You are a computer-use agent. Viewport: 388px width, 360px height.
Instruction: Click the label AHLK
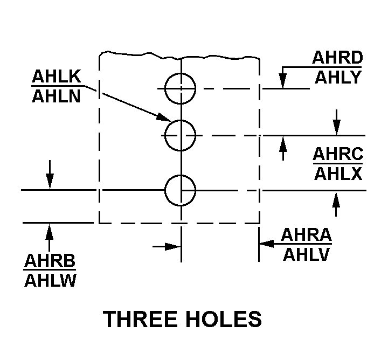click(57, 76)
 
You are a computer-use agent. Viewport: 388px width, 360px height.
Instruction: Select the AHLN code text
click(57, 96)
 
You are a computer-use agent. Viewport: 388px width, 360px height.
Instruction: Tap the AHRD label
click(337, 58)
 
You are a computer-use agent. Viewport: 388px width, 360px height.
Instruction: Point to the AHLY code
click(338, 77)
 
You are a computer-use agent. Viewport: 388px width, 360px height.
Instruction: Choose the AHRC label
click(338, 154)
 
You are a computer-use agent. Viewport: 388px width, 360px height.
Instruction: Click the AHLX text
click(338, 174)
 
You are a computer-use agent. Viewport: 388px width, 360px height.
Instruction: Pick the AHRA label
click(306, 234)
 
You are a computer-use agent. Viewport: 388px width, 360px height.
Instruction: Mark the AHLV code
click(306, 254)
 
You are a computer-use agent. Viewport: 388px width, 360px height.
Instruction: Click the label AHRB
click(50, 260)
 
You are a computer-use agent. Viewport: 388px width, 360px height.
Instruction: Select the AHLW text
click(50, 280)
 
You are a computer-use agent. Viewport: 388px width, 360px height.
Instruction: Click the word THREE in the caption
click(140, 319)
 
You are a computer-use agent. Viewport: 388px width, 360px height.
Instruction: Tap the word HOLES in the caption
click(224, 319)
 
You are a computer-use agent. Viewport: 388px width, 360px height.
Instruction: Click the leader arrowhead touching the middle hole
click(164, 117)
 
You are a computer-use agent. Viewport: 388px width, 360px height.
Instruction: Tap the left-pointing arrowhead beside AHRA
click(267, 244)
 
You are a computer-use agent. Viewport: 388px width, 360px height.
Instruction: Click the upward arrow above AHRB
click(49, 237)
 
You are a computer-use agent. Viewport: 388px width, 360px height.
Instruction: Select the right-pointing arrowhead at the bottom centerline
click(173, 247)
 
